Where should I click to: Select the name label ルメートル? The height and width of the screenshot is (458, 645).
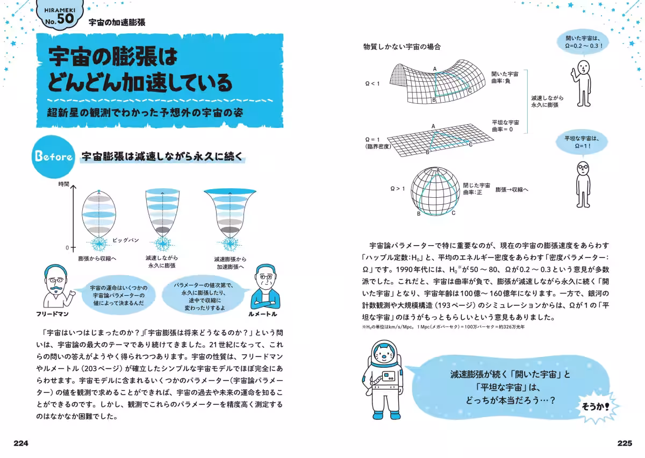pyautogui.click(x=263, y=313)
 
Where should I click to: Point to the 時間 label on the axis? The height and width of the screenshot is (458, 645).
pyautogui.click(x=64, y=184)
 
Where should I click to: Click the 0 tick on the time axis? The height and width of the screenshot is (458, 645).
pyautogui.click(x=67, y=248)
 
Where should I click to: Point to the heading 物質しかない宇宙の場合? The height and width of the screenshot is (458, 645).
pyautogui.click(x=402, y=47)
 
